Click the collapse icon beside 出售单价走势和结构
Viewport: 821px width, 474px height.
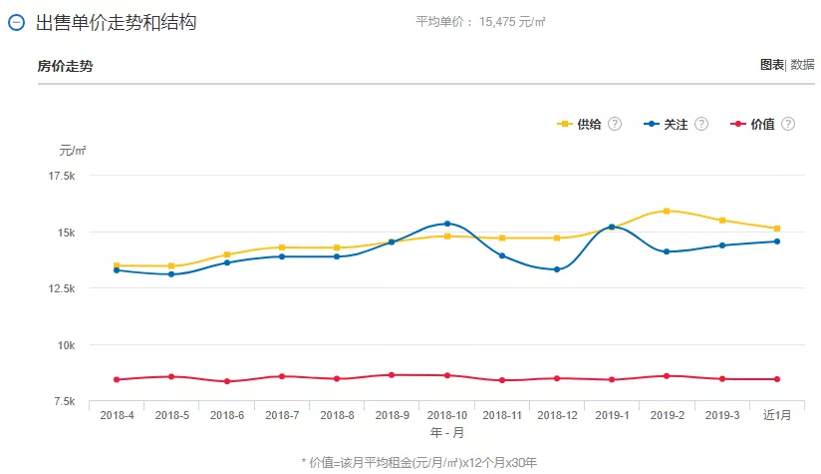[x=16, y=23]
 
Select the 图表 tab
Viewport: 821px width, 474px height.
[x=771, y=65]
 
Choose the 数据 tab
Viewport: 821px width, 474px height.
[x=803, y=65]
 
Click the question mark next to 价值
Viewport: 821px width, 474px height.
[x=788, y=124]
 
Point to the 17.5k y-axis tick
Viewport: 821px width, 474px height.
[x=63, y=176]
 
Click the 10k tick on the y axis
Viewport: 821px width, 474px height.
[x=68, y=345]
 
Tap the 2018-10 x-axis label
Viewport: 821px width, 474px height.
[x=447, y=415]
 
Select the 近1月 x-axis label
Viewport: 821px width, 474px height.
[x=777, y=415]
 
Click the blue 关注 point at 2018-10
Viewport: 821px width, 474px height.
[x=447, y=224]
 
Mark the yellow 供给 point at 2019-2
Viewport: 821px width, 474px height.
[x=667, y=211]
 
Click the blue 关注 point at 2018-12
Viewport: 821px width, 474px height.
[x=557, y=269]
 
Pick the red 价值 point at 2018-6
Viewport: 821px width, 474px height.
[x=227, y=381]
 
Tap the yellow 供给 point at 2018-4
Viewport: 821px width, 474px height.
[x=117, y=265]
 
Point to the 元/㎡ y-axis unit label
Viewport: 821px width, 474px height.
[x=72, y=151]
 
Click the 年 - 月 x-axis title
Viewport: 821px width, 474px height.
[x=446, y=433]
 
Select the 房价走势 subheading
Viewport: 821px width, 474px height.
[x=66, y=66]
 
